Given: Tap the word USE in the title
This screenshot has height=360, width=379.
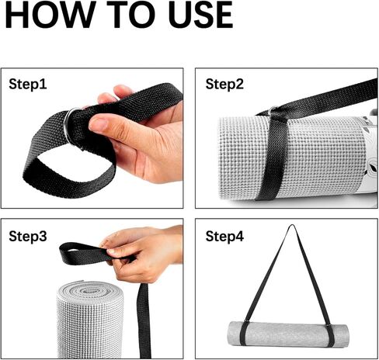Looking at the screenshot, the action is tap(201, 15).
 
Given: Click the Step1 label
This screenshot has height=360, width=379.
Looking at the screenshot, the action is tap(28, 84).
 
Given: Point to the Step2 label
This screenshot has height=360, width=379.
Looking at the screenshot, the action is tap(224, 84).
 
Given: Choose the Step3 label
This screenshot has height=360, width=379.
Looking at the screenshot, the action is tap(28, 236).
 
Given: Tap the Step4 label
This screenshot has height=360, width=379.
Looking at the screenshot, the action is tap(224, 236).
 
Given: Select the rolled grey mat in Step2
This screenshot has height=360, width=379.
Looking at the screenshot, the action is tap(295, 157).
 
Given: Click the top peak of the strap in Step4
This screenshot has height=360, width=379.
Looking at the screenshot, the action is tap(292, 226).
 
